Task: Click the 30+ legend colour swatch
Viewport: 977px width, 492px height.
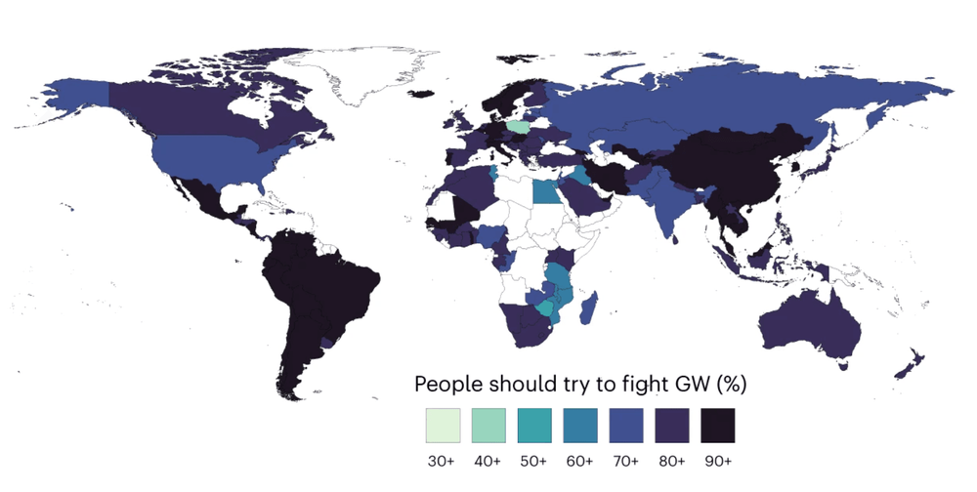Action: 441,426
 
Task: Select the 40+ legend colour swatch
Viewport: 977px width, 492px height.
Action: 487,426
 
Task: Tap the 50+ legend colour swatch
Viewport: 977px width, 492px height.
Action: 533,426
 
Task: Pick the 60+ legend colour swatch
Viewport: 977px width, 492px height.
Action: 579,426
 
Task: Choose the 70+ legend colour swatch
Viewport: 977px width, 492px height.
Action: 625,426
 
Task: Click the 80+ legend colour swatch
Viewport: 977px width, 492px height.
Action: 671,426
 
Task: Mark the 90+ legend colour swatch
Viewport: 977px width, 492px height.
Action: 717,426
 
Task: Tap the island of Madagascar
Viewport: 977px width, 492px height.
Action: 588,309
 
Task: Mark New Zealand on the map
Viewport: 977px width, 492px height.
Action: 912,362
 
